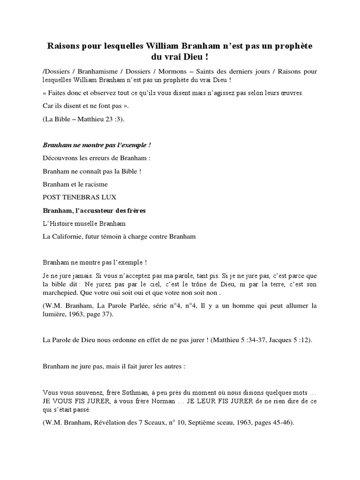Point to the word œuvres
[x=292, y=92]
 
